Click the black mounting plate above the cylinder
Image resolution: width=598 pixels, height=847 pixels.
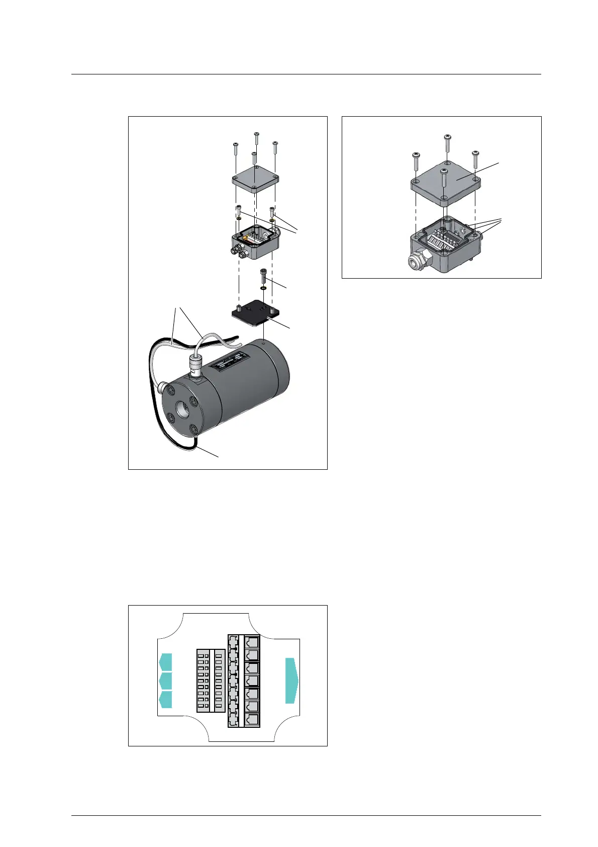254,313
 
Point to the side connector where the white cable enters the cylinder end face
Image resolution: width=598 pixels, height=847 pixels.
162,388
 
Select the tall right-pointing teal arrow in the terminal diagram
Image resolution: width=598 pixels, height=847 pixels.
291,680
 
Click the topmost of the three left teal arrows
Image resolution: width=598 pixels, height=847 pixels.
166,661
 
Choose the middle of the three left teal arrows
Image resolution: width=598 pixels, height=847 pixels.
166,681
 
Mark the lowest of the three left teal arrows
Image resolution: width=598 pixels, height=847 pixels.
166,700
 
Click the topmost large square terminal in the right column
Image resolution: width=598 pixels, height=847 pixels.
251,642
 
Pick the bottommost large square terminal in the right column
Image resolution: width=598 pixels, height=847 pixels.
251,719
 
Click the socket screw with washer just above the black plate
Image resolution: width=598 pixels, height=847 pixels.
263,277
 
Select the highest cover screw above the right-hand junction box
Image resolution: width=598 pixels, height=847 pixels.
447,142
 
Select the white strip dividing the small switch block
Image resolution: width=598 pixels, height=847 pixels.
212,681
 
